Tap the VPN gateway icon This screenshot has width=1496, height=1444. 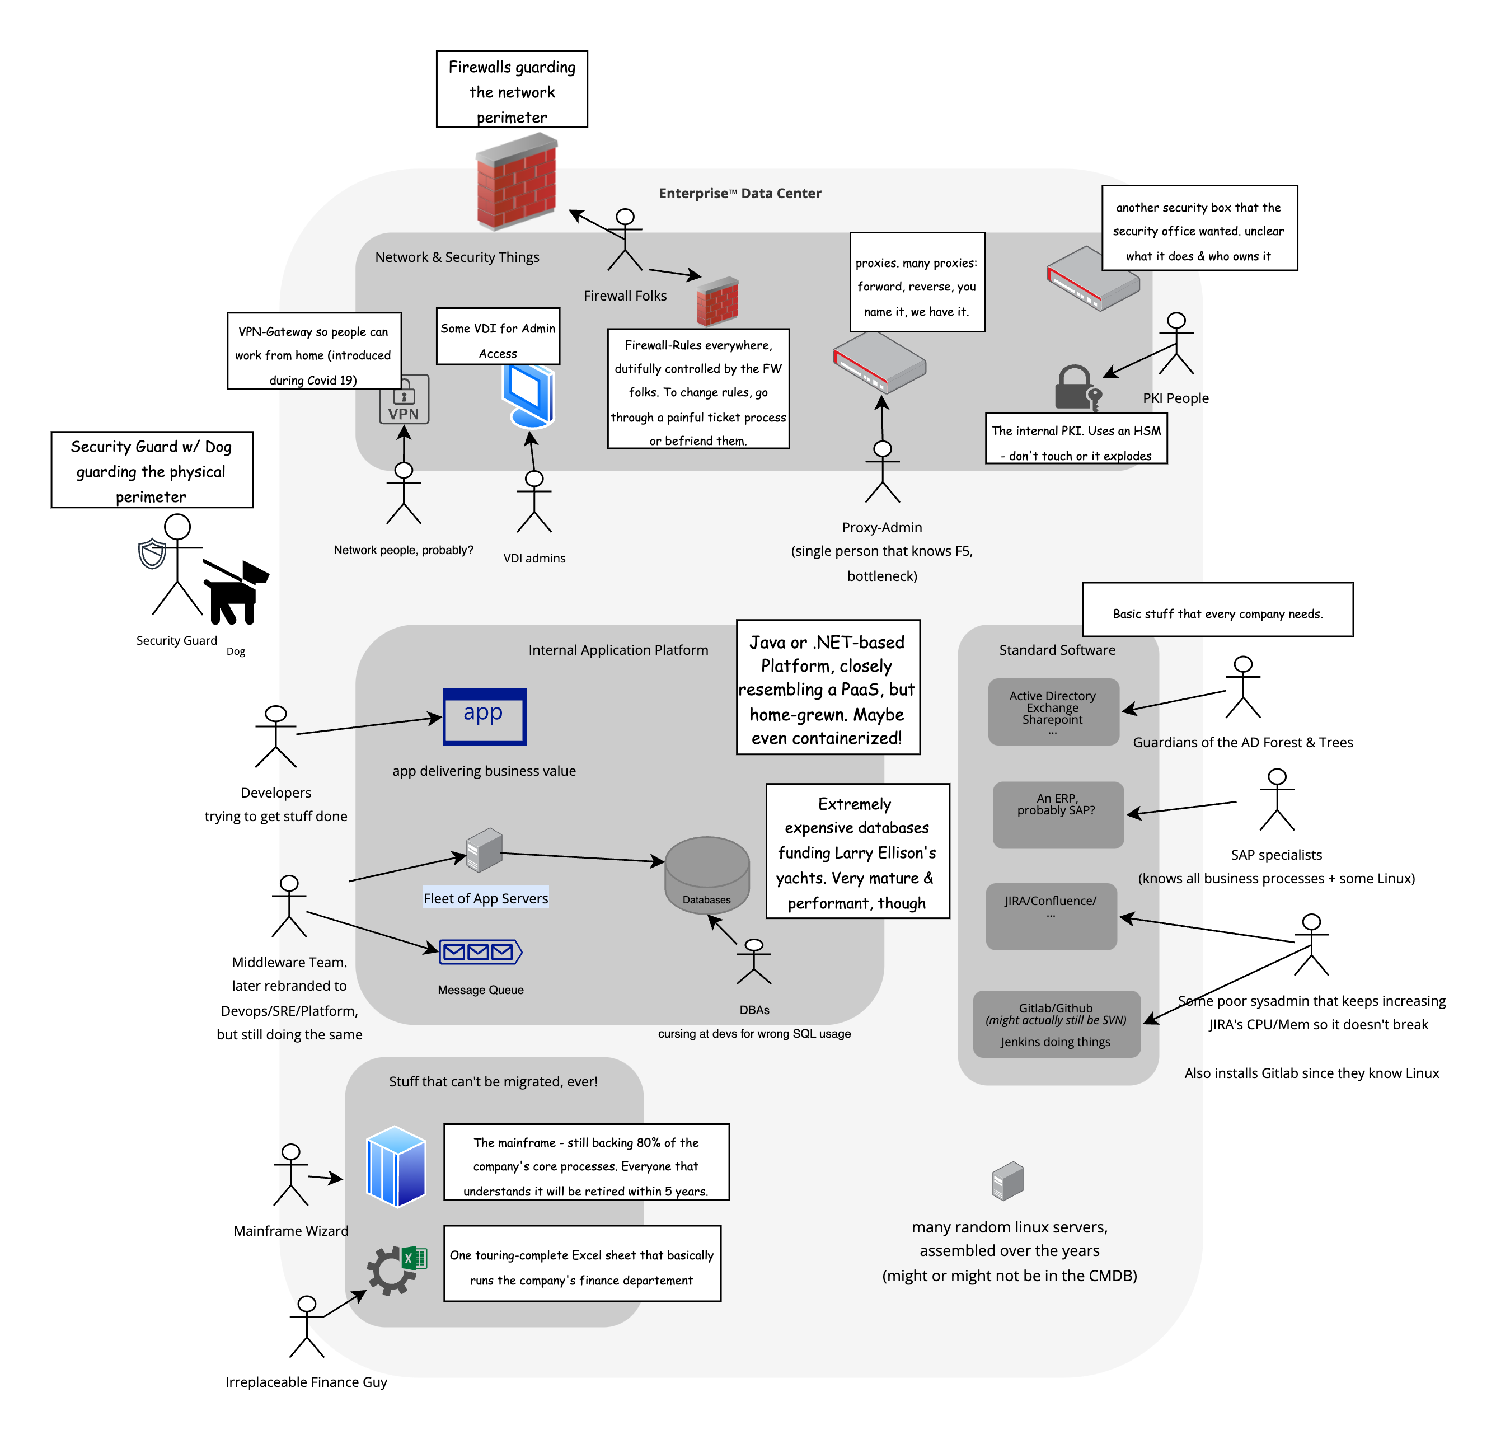pyautogui.click(x=404, y=399)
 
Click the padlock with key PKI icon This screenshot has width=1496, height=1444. pyautogui.click(x=1077, y=388)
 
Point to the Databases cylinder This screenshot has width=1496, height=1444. pyautogui.click(x=707, y=873)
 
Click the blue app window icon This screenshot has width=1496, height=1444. pyautogui.click(x=485, y=716)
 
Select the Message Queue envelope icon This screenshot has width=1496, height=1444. pyautogui.click(x=480, y=951)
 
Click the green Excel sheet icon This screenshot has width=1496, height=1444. pyautogui.click(x=415, y=1257)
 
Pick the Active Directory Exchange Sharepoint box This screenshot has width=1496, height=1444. pyautogui.click(x=1053, y=711)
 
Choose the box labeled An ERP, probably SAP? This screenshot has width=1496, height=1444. pyautogui.click(x=1058, y=814)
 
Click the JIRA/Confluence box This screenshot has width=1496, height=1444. pyautogui.click(x=1051, y=916)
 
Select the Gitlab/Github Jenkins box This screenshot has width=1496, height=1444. pyautogui.click(x=1056, y=1024)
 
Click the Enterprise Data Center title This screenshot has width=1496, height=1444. pyautogui.click(x=739, y=193)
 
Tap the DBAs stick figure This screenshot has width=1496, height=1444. pyautogui.click(x=754, y=962)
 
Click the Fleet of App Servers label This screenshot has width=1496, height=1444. pyautogui.click(x=485, y=898)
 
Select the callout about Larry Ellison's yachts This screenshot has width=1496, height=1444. pyautogui.click(x=857, y=851)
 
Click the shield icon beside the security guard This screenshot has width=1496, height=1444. pyautogui.click(x=153, y=554)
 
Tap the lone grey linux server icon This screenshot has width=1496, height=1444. pyautogui.click(x=1007, y=1181)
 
